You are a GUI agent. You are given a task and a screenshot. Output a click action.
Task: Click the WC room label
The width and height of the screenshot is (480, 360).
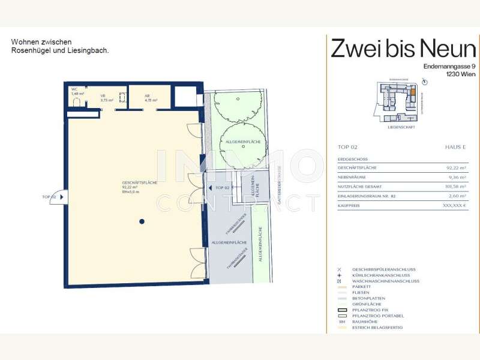point(74,89)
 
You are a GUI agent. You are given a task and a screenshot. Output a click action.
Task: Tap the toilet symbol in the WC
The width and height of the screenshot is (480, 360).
point(76,103)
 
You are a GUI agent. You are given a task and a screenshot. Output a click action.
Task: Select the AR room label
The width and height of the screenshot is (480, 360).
point(147,95)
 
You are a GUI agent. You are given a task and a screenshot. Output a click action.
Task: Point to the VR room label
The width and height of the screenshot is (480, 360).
point(103,95)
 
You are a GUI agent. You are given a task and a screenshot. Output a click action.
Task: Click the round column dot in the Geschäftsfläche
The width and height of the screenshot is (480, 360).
point(142,221)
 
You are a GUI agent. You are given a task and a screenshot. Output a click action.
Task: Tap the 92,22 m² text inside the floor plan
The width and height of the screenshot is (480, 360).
point(130,187)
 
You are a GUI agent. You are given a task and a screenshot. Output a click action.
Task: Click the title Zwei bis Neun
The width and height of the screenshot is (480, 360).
point(403,48)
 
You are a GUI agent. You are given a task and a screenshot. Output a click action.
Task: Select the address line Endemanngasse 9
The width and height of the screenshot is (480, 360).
point(449,66)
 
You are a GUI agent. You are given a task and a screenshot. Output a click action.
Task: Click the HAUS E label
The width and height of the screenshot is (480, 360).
point(455,147)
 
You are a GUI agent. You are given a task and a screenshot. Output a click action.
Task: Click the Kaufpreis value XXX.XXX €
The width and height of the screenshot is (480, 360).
point(454,205)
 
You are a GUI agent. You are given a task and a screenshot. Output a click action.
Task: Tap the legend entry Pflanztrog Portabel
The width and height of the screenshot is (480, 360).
point(377,316)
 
